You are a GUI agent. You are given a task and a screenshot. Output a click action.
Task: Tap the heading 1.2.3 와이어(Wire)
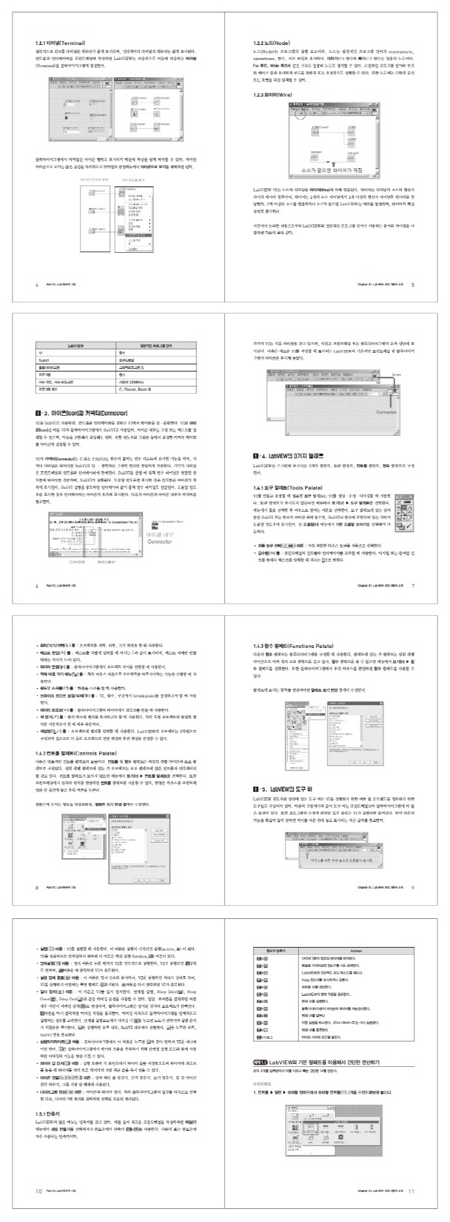(x=274, y=95)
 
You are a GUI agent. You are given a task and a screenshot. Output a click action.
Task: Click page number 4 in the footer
(x=37, y=284)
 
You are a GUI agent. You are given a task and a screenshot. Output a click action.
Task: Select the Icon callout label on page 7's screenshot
(x=397, y=375)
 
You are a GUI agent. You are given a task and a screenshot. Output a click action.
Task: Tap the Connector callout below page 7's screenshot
(x=386, y=413)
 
